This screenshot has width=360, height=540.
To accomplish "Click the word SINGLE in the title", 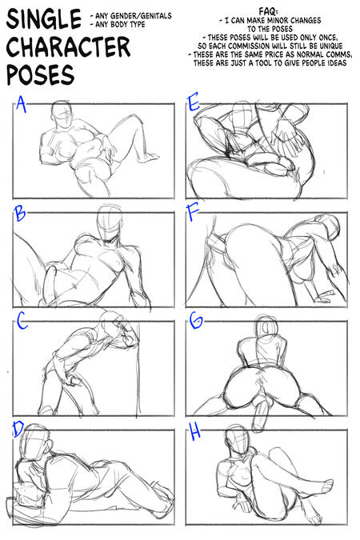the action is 44,18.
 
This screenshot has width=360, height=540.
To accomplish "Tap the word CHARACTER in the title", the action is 68,47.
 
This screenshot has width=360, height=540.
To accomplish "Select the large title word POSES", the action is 40,74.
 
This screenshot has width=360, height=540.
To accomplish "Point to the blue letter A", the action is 21,104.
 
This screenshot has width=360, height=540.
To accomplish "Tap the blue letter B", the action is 20,214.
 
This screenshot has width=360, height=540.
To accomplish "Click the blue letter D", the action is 18,429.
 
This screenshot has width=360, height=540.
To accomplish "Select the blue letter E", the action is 194,102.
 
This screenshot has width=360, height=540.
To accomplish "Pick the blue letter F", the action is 193,213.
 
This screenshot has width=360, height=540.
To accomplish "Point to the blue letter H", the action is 195,432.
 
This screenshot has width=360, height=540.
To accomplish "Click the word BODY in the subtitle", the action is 120,25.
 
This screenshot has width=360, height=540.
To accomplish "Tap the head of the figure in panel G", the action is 266,324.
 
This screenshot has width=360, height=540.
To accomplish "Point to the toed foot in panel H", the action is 325,486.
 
